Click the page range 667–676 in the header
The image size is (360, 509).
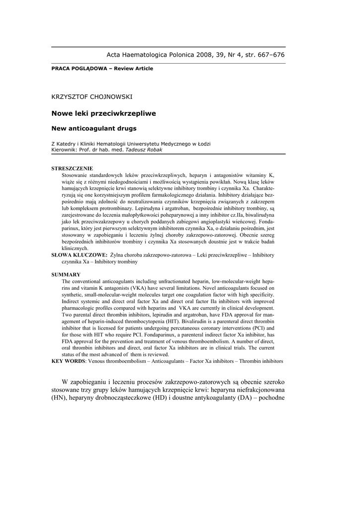(x=269, y=55)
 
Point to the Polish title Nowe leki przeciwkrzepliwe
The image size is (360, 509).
(x=103, y=113)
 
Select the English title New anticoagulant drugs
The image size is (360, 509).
(x=93, y=128)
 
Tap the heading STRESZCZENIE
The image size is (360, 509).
(x=72, y=169)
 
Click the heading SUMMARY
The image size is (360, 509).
(x=66, y=274)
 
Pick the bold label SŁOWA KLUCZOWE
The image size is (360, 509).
(x=80, y=254)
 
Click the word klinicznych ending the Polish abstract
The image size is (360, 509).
(x=75, y=248)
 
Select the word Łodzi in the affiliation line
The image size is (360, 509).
(x=203, y=144)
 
